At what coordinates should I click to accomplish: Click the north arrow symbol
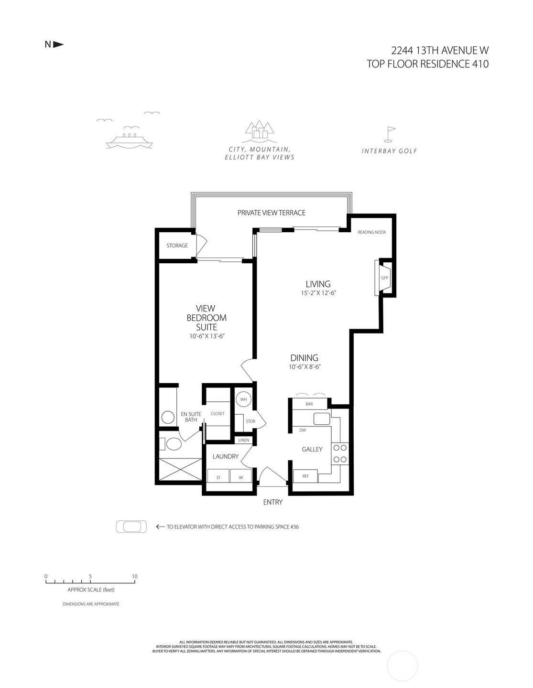[58, 44]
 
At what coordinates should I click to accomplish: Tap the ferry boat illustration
[130, 140]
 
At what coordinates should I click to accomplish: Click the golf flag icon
[390, 135]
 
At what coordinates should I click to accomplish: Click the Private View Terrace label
[271, 213]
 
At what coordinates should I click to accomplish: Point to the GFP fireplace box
[384, 278]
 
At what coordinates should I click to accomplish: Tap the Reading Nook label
[371, 232]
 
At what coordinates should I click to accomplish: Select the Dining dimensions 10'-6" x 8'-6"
[305, 367]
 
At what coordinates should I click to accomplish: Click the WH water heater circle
[243, 399]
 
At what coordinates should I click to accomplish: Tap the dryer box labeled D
[218, 477]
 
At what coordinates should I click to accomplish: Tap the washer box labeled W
[241, 477]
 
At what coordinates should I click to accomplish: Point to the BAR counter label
[309, 404]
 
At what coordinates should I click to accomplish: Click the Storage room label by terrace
[177, 246]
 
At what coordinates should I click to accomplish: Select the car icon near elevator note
[131, 527]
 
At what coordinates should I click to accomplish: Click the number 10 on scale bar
[135, 576]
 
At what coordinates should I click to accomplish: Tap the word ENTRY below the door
[273, 502]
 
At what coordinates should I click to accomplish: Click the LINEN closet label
[243, 440]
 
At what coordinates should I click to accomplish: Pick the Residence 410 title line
[427, 64]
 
